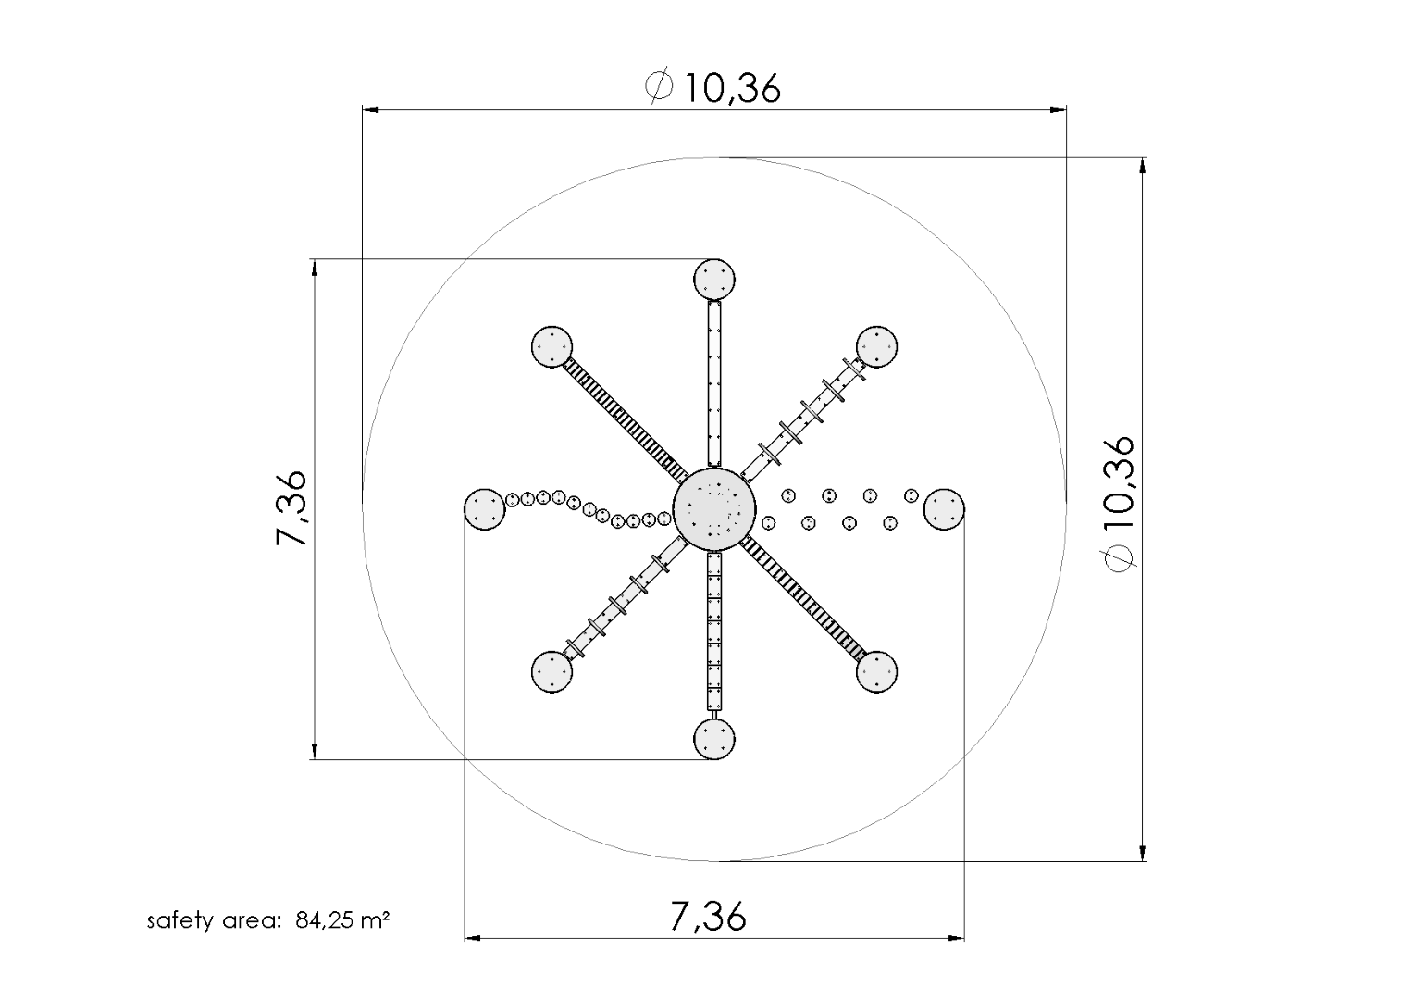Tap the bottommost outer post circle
[x=714, y=739]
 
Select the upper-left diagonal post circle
[x=552, y=347]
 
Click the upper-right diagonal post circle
[x=876, y=346]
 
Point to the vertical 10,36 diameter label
[x=1118, y=505]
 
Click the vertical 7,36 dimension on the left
[x=291, y=508]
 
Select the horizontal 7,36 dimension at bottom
[x=707, y=917]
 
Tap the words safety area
[x=213, y=921]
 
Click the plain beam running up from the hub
[x=714, y=384]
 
